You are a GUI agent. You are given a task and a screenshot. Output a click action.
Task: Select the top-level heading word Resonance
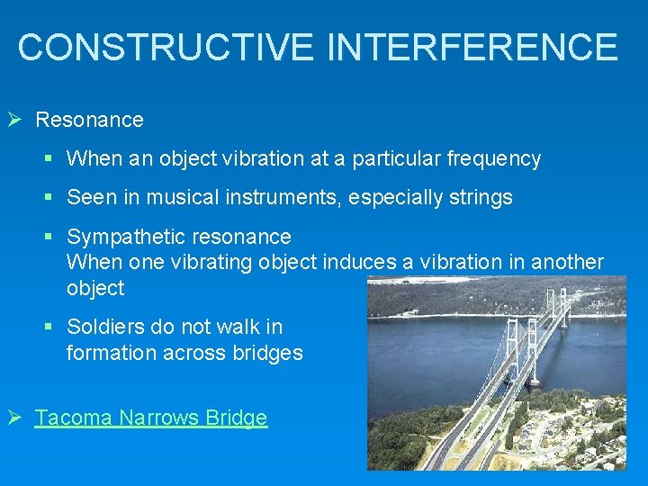point(89,120)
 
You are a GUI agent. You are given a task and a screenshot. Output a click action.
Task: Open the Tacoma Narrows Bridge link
point(150,418)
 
